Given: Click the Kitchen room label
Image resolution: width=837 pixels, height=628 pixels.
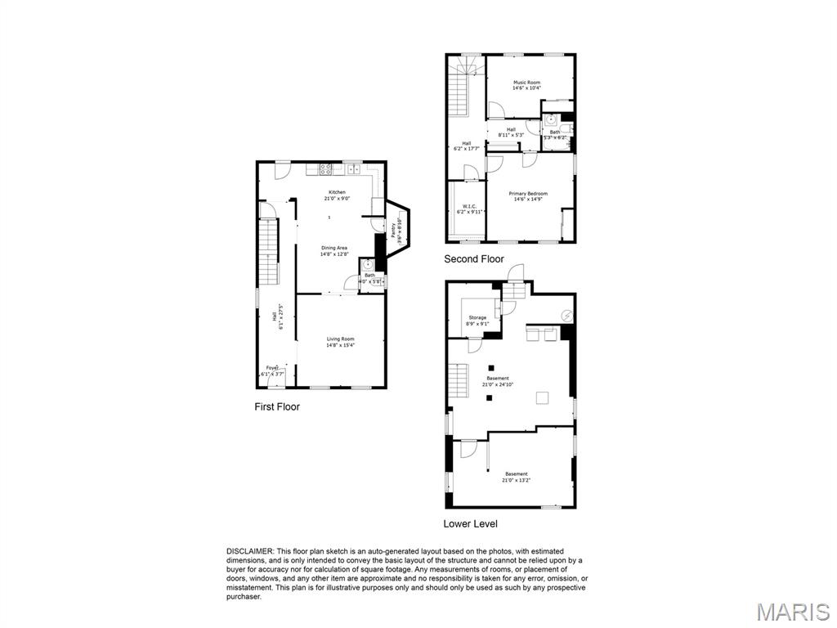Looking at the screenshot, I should tap(337, 192).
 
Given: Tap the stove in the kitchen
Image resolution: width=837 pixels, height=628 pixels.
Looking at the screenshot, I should tap(325, 170).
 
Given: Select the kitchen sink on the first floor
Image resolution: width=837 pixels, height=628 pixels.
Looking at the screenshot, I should tap(353, 170).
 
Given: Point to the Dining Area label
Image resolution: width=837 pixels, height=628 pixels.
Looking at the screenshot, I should tap(334, 248).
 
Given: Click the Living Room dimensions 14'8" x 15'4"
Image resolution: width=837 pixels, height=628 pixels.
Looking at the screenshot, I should tap(340, 345).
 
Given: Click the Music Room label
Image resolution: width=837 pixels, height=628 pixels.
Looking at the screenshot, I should tap(526, 83).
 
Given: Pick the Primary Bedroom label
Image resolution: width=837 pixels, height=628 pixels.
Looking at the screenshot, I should tap(530, 194).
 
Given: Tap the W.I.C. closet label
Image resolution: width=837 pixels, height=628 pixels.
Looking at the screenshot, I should tap(469, 206).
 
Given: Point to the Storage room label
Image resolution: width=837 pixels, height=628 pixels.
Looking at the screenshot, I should tap(477, 317).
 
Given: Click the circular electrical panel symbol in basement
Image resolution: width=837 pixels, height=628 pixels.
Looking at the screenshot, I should tap(567, 316).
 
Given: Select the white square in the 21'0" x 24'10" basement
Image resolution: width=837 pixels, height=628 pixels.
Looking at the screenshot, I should tap(541, 397).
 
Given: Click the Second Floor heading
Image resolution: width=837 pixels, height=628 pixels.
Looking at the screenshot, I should tap(474, 259).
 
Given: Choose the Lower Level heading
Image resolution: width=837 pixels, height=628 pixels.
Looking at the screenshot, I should tap(470, 523).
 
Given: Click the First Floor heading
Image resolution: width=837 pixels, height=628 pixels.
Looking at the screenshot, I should tap(277, 406).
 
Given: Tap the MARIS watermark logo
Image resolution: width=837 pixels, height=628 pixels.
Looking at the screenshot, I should tap(793, 610).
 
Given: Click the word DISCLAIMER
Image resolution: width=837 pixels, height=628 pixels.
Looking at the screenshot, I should tap(251, 551).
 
